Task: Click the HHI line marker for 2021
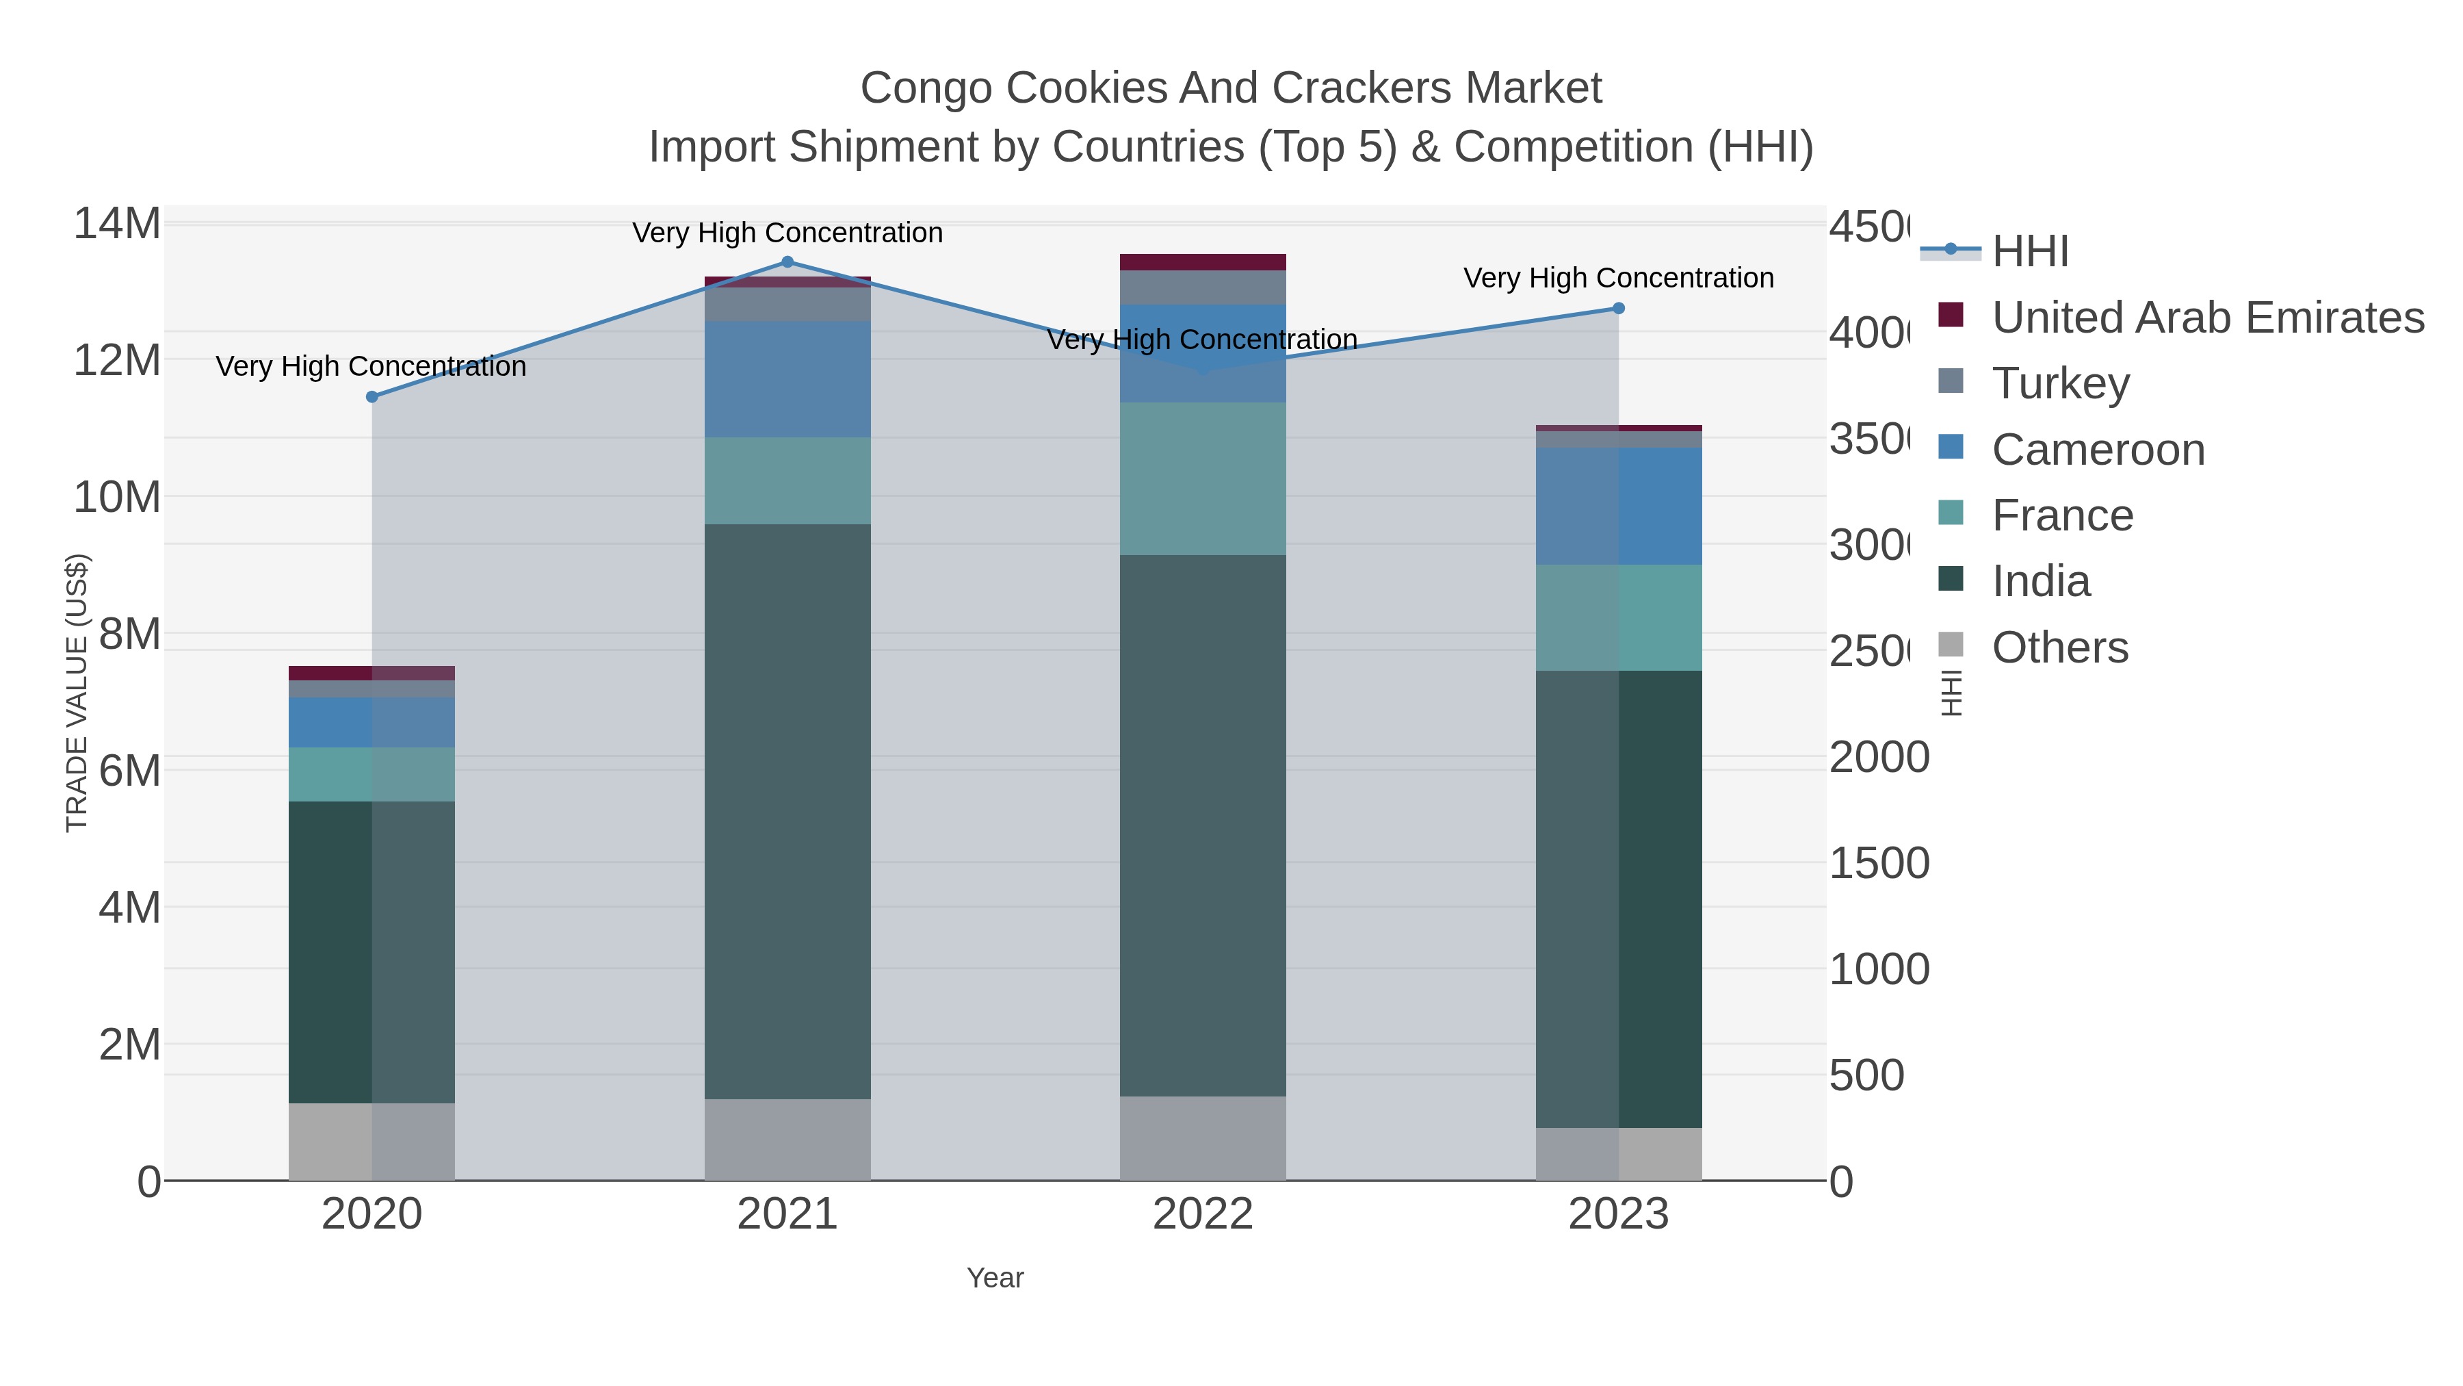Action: [787, 262]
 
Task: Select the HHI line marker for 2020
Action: [372, 397]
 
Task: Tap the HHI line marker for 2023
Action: [1618, 308]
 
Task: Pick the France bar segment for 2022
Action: [1202, 478]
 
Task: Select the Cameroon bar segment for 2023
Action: [1618, 506]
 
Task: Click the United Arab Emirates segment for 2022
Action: [1202, 262]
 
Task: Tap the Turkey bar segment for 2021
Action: [787, 304]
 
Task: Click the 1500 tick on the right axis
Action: [1879, 864]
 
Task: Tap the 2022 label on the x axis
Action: [1202, 1215]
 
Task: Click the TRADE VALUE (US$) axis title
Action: [77, 693]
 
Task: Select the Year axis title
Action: [994, 1278]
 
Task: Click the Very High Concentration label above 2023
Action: [1618, 279]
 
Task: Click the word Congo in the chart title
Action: [926, 88]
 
